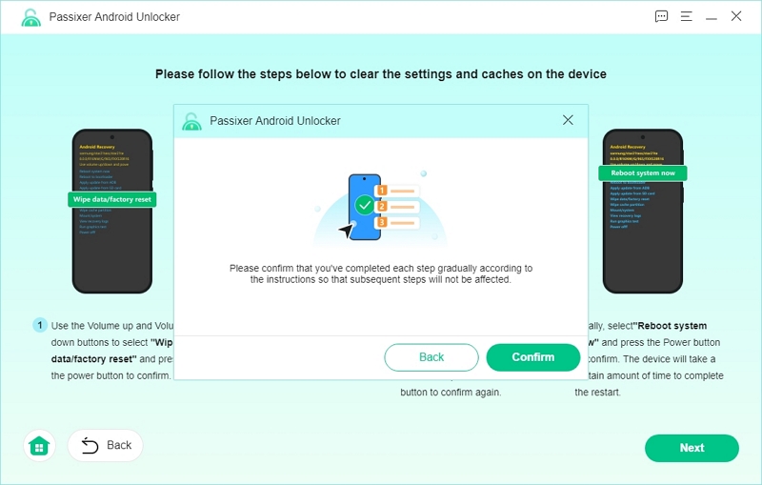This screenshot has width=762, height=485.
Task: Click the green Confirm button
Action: coord(532,357)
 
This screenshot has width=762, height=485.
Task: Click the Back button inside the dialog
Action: coord(431,357)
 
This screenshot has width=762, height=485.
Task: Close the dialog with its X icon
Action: coord(568,120)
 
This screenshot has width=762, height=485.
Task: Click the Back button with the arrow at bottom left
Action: coord(106,445)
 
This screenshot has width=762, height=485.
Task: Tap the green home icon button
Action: coord(38,446)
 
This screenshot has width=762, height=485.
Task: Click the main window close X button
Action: coord(736,16)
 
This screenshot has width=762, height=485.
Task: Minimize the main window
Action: coord(712,16)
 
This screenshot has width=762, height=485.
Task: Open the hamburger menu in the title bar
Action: coord(687,16)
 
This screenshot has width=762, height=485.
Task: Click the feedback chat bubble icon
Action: coord(662,16)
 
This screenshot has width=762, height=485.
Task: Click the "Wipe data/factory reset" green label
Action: coord(111,200)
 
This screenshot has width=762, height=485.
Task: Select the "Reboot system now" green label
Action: coord(642,172)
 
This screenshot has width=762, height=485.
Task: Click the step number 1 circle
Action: coord(40,326)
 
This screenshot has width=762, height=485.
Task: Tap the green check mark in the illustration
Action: coord(364,204)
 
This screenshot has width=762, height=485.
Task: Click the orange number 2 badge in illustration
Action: coord(382,206)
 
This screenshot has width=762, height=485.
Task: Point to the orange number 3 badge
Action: coord(382,223)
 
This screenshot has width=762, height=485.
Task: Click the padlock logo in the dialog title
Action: coord(192,121)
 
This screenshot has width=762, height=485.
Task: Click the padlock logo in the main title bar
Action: coord(30,17)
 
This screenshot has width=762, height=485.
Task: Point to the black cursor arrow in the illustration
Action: coord(345,231)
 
